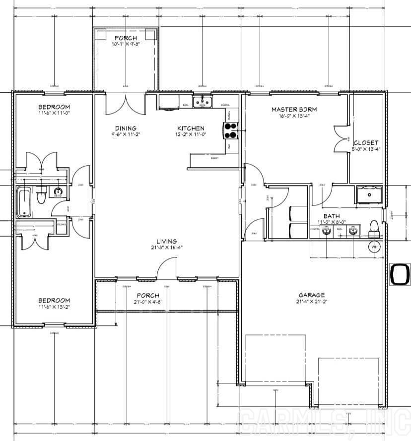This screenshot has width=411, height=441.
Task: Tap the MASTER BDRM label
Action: [294, 110]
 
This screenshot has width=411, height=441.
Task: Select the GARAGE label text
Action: [312, 295]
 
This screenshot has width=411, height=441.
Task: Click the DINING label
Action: [126, 128]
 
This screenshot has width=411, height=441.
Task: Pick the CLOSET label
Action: [366, 143]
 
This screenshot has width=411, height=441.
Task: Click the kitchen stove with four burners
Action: [231, 130]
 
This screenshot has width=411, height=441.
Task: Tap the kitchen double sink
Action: [203, 102]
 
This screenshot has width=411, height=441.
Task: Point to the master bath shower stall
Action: [370, 195]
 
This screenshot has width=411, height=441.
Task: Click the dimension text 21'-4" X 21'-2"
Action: [312, 301]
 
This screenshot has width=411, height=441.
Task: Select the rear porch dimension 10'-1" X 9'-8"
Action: [126, 44]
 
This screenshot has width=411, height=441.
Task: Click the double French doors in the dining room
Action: [126, 105]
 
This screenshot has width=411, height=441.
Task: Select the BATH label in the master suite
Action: [331, 216]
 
